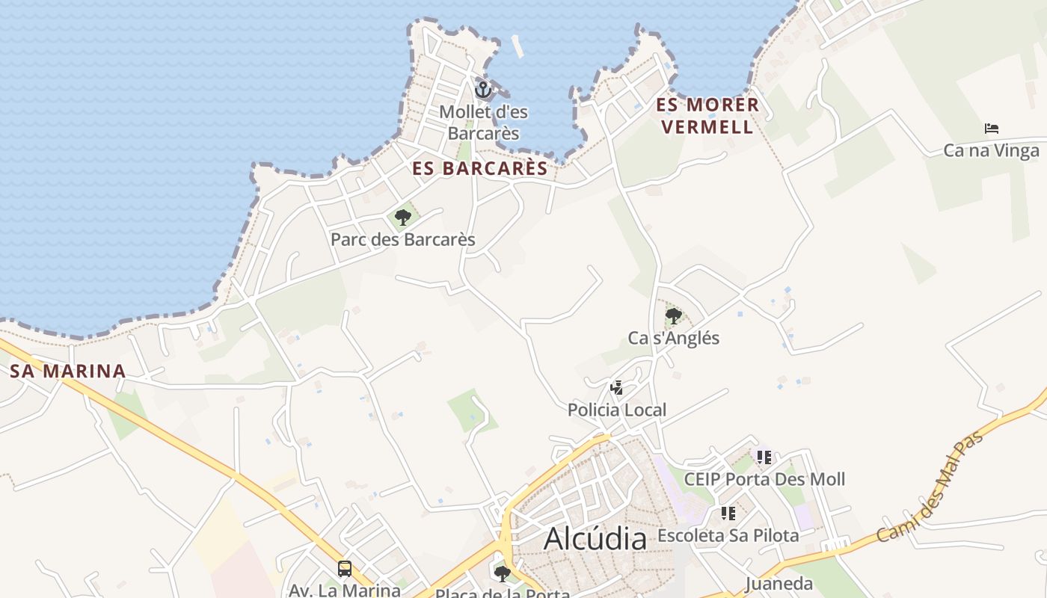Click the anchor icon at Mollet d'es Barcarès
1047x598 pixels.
tap(483, 90)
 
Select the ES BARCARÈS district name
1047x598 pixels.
tap(480, 169)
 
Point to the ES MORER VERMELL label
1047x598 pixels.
tap(707, 116)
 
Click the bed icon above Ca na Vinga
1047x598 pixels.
tap(992, 129)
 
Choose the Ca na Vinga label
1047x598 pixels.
tap(991, 151)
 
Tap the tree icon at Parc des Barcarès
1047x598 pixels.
tap(403, 218)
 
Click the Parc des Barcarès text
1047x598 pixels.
tap(403, 240)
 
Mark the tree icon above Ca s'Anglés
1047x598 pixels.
tap(673, 315)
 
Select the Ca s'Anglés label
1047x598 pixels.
tap(673, 338)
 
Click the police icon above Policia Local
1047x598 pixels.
tap(617, 387)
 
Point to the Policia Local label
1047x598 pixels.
tap(617, 410)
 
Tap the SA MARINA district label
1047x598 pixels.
tap(67, 372)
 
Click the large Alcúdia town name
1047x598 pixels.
tap(595, 538)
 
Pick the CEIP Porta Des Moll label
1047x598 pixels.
tap(764, 479)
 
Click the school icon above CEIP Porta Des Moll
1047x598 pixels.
tap(764, 457)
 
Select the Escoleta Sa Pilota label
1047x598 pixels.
tap(728, 536)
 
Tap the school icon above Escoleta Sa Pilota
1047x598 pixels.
tap(728, 514)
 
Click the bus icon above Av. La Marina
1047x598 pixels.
tap(345, 569)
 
